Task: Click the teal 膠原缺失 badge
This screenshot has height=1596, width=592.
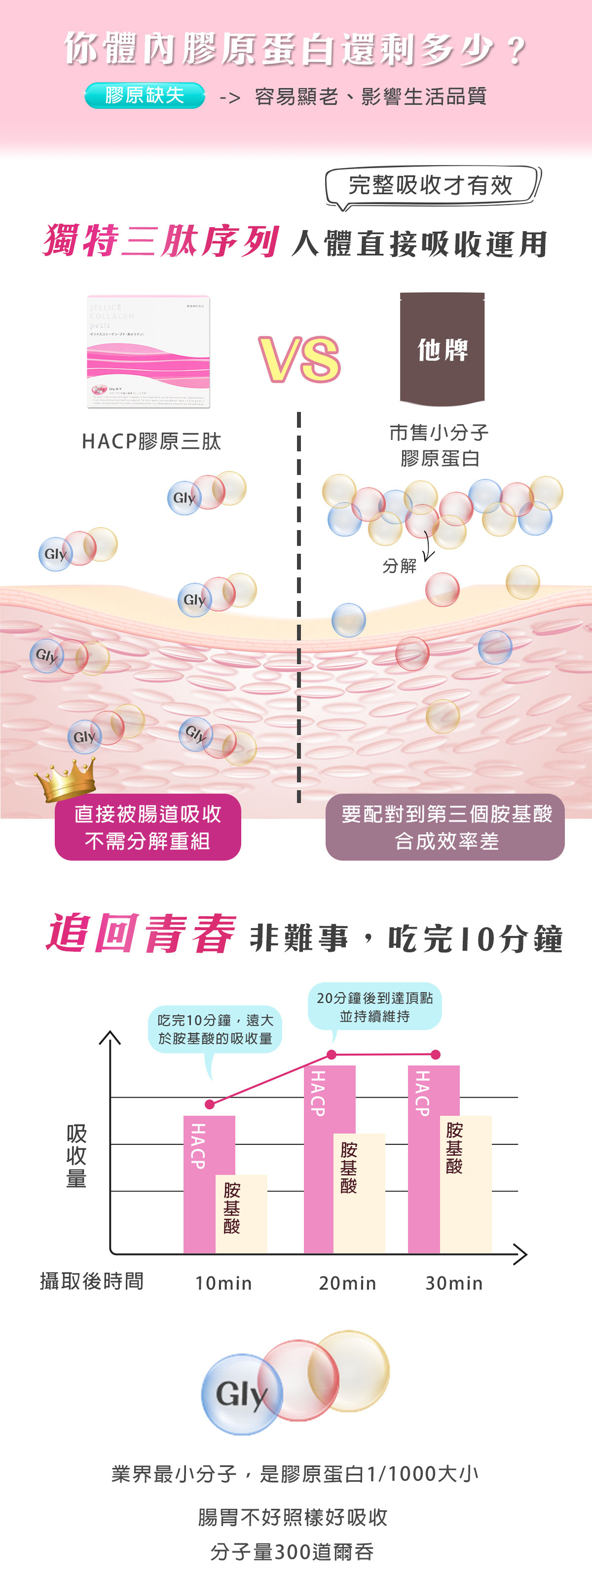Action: pyautogui.click(x=145, y=95)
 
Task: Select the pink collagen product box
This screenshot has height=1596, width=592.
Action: pyautogui.click(x=149, y=351)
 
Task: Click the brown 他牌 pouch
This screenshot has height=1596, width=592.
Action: pyautogui.click(x=442, y=349)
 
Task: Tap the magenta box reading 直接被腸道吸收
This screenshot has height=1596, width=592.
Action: pyautogui.click(x=148, y=827)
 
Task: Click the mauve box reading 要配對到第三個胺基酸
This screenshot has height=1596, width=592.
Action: pyautogui.click(x=445, y=827)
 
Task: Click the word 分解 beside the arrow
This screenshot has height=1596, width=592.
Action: pyautogui.click(x=399, y=566)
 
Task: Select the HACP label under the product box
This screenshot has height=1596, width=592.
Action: pyautogui.click(x=151, y=441)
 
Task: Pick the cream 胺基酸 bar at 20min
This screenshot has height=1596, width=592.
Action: pyautogui.click(x=360, y=1193)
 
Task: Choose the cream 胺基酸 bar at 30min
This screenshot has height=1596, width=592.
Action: pyautogui.click(x=466, y=1183)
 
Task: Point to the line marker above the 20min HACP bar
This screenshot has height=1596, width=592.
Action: pyautogui.click(x=332, y=1054)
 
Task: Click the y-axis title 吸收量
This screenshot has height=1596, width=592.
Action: pyautogui.click(x=76, y=1156)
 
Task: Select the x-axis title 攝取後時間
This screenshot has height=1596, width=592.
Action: pyautogui.click(x=92, y=1281)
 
